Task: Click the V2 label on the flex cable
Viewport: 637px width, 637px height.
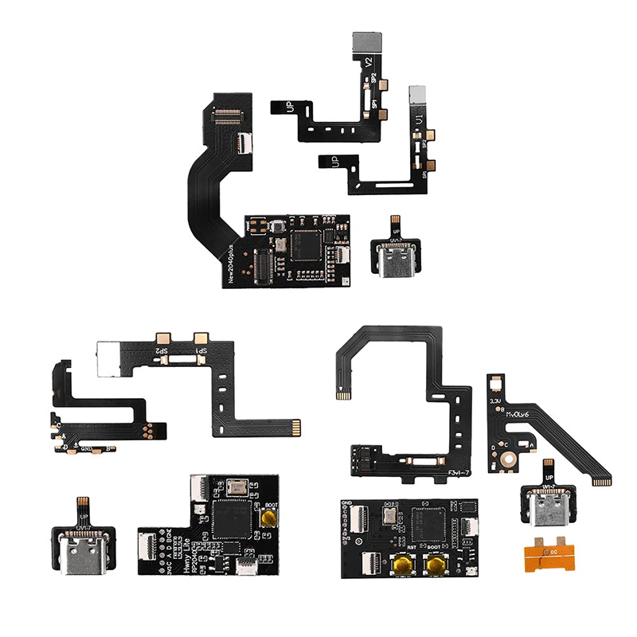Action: coord(368,61)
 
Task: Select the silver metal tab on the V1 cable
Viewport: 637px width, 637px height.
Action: coord(419,96)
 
